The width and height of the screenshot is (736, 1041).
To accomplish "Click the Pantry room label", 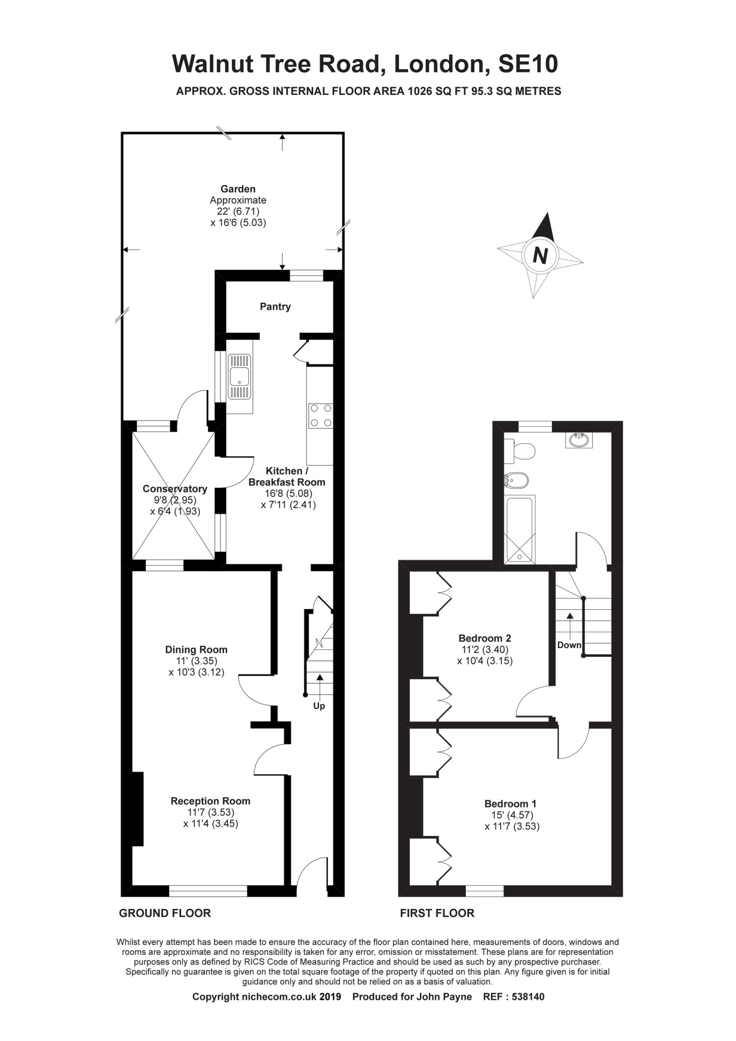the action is click(x=275, y=307).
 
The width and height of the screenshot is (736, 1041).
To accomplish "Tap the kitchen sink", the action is click(x=239, y=377).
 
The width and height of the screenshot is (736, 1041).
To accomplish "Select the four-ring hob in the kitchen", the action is click(x=320, y=416).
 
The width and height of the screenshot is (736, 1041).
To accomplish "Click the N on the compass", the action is click(x=540, y=255).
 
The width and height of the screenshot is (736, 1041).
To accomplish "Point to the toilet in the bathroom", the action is click(x=519, y=450).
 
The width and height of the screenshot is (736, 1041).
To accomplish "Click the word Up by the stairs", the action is click(x=319, y=706).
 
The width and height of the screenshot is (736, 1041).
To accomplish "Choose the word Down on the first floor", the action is click(x=569, y=645).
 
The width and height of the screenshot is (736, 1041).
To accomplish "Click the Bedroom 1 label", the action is click(x=510, y=804).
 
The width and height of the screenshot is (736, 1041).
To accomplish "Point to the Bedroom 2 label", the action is click(x=484, y=638).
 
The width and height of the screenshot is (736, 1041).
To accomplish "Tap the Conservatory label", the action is click(x=175, y=489).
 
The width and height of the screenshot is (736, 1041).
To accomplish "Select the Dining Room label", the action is click(x=196, y=650).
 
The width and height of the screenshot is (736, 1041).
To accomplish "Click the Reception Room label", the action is click(x=210, y=801).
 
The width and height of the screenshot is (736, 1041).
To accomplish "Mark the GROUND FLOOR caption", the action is click(x=165, y=913).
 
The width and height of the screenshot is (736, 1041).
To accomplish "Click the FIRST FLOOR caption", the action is click(x=437, y=913).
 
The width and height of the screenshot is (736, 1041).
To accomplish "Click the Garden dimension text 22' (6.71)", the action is click(x=238, y=211).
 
